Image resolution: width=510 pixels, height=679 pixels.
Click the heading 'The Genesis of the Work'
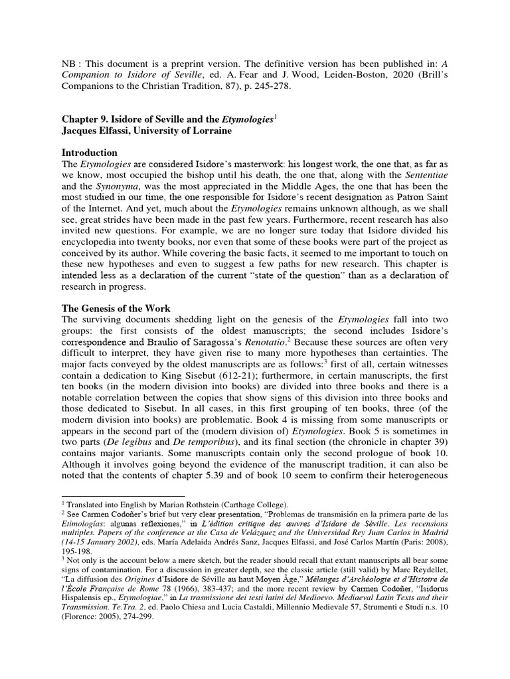click(116, 309)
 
